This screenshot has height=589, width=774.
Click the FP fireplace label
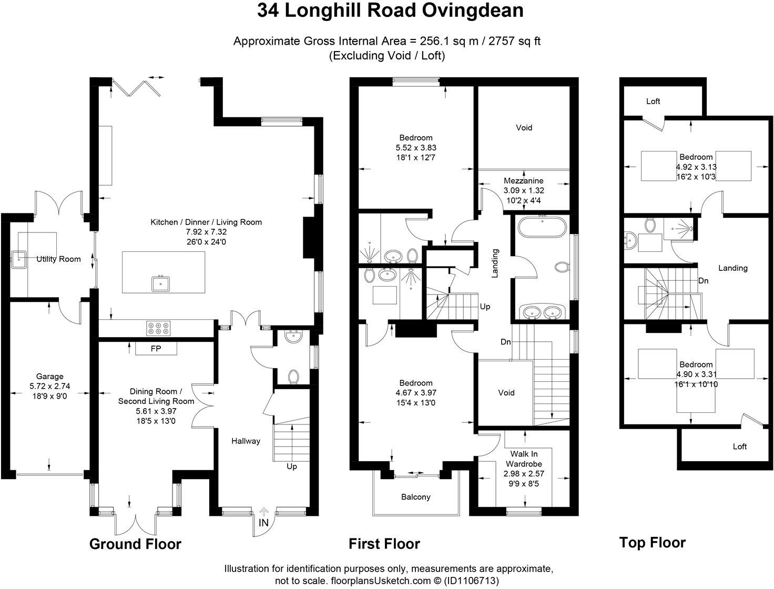(x=156, y=349)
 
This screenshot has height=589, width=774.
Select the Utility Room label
(x=58, y=259)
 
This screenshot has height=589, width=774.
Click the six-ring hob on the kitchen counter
(x=159, y=328)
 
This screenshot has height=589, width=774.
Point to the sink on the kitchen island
(x=160, y=284)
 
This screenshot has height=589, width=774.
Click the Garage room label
(x=49, y=376)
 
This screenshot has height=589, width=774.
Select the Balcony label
(x=415, y=496)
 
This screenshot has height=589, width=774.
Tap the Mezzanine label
(x=524, y=180)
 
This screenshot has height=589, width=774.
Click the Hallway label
(x=246, y=441)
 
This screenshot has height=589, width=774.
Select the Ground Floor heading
(x=135, y=544)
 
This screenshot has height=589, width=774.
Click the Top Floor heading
(x=652, y=542)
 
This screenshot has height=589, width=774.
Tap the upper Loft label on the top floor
(x=653, y=101)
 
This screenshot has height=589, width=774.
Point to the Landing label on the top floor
(x=732, y=268)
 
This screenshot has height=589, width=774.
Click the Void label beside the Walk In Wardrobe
(x=506, y=392)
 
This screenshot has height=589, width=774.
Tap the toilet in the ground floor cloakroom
(x=294, y=377)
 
